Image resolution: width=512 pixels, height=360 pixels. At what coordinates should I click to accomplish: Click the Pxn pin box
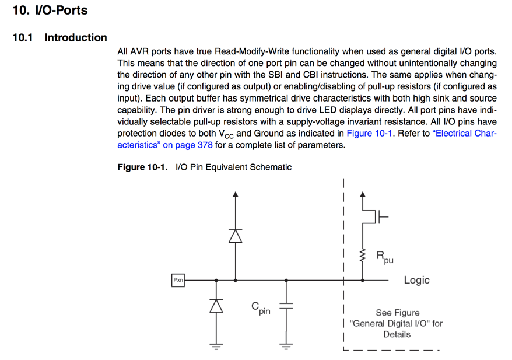178,281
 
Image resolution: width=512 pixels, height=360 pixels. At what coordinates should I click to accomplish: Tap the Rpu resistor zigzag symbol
363,255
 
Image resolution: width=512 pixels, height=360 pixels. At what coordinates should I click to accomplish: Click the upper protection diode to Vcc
235,235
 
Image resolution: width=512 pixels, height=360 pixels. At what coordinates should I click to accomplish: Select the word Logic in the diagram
416,280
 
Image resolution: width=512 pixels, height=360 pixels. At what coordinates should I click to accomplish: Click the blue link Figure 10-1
370,133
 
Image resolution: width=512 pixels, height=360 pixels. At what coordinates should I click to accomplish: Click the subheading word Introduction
76,38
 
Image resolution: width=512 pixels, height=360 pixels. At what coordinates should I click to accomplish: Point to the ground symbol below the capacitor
286,347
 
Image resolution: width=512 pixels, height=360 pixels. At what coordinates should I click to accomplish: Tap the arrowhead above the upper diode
235,194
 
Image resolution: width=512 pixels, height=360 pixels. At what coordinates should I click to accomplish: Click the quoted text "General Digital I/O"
396,323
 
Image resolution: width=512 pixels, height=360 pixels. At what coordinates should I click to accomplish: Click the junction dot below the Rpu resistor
363,281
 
